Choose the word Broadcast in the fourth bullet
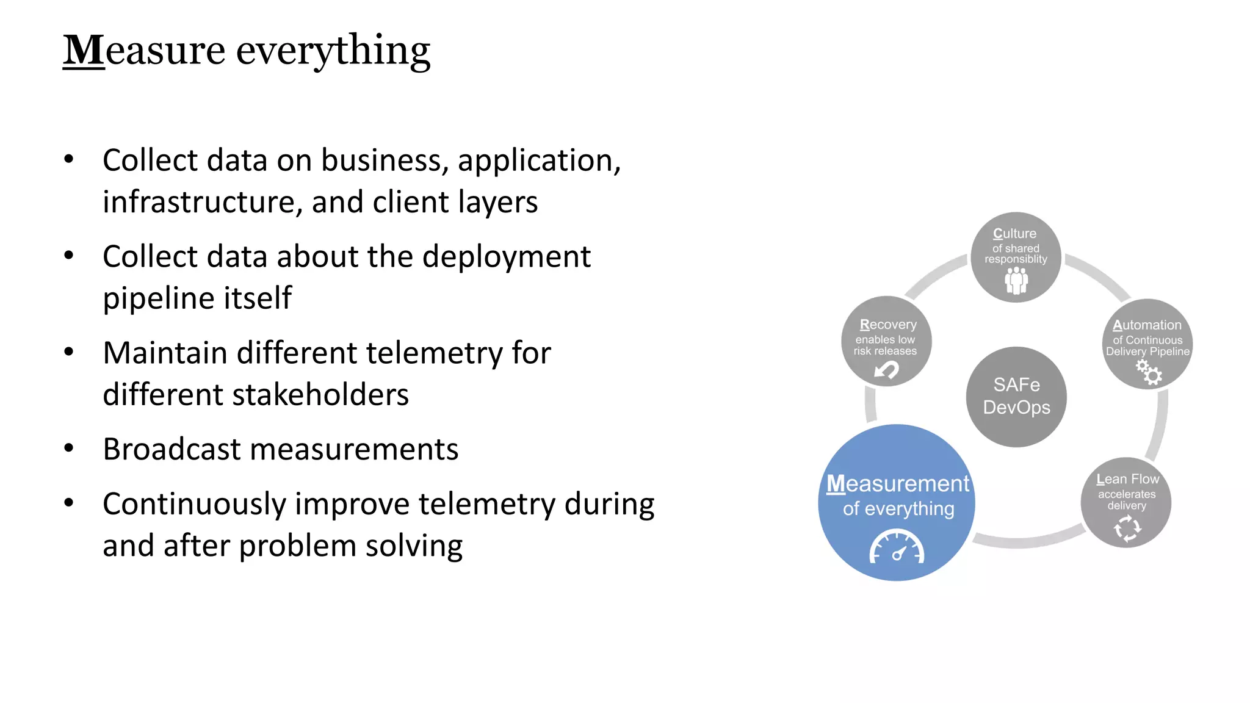click(x=172, y=450)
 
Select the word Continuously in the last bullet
click(x=194, y=505)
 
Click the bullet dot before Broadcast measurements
click(x=69, y=449)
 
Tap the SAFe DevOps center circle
click(x=1016, y=397)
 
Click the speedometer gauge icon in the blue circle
click(x=897, y=547)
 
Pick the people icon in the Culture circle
click(x=1016, y=281)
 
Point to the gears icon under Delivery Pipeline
click(x=1149, y=372)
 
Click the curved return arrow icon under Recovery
click(x=886, y=370)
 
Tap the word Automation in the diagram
click(x=1147, y=325)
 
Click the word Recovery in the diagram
click(x=888, y=325)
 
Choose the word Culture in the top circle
click(x=1014, y=234)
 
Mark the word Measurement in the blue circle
click(x=898, y=484)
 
